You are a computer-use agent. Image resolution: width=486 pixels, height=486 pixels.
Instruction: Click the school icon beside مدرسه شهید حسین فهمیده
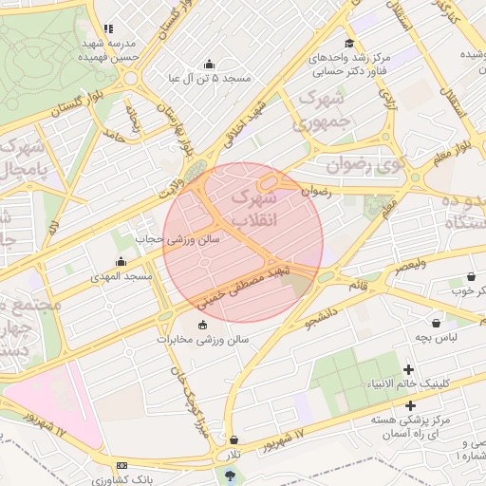108,28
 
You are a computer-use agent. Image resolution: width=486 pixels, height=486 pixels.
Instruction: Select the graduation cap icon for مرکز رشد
349,44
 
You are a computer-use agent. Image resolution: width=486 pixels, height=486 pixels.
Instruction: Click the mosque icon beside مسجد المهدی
121,262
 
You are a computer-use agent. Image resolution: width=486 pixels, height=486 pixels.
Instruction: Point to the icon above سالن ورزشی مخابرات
202,326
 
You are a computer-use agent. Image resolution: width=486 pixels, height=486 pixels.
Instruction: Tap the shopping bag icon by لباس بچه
436,323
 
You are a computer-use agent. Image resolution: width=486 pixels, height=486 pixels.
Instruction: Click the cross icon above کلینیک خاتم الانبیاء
409,368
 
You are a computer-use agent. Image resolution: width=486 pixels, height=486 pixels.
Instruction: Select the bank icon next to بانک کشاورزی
121,466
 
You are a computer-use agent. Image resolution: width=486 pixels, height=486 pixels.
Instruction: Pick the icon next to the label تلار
234,440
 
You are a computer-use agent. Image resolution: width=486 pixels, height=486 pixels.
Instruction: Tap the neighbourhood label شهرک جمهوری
322,111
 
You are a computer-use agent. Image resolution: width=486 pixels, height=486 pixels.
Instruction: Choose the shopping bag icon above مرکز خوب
471,276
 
